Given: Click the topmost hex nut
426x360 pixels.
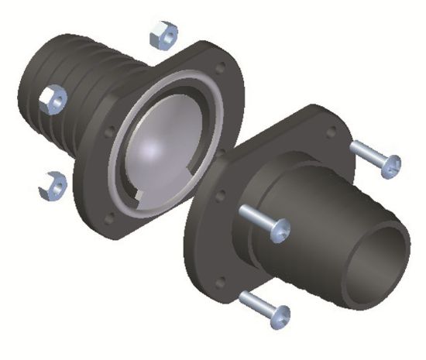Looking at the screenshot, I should (163, 33).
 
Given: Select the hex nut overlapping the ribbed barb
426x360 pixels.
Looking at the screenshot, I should (54, 99).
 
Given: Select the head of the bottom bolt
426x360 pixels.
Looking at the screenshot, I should (277, 314).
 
